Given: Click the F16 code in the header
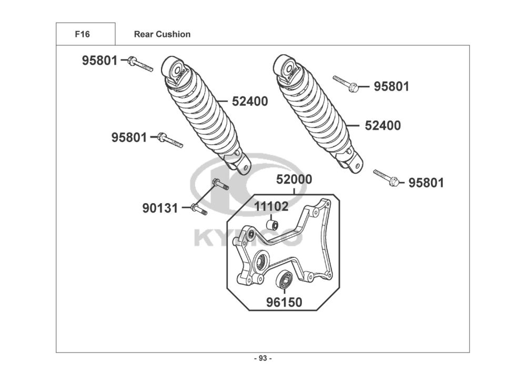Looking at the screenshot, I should coord(82,35).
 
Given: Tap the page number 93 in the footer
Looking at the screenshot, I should coord(263,359).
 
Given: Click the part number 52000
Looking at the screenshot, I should coord(295,180).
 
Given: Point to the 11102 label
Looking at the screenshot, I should coord(271,207).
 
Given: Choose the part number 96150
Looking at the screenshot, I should coord(284,303).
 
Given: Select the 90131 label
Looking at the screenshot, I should coord(160,208).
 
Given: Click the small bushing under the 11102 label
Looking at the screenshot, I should coord(272,225).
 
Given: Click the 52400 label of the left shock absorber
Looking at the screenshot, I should coord(250,102).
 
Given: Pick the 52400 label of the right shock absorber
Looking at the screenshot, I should coord(383,126).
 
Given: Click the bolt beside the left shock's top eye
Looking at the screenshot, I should coord(140,64).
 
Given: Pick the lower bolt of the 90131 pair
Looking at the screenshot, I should coord(199,209).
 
